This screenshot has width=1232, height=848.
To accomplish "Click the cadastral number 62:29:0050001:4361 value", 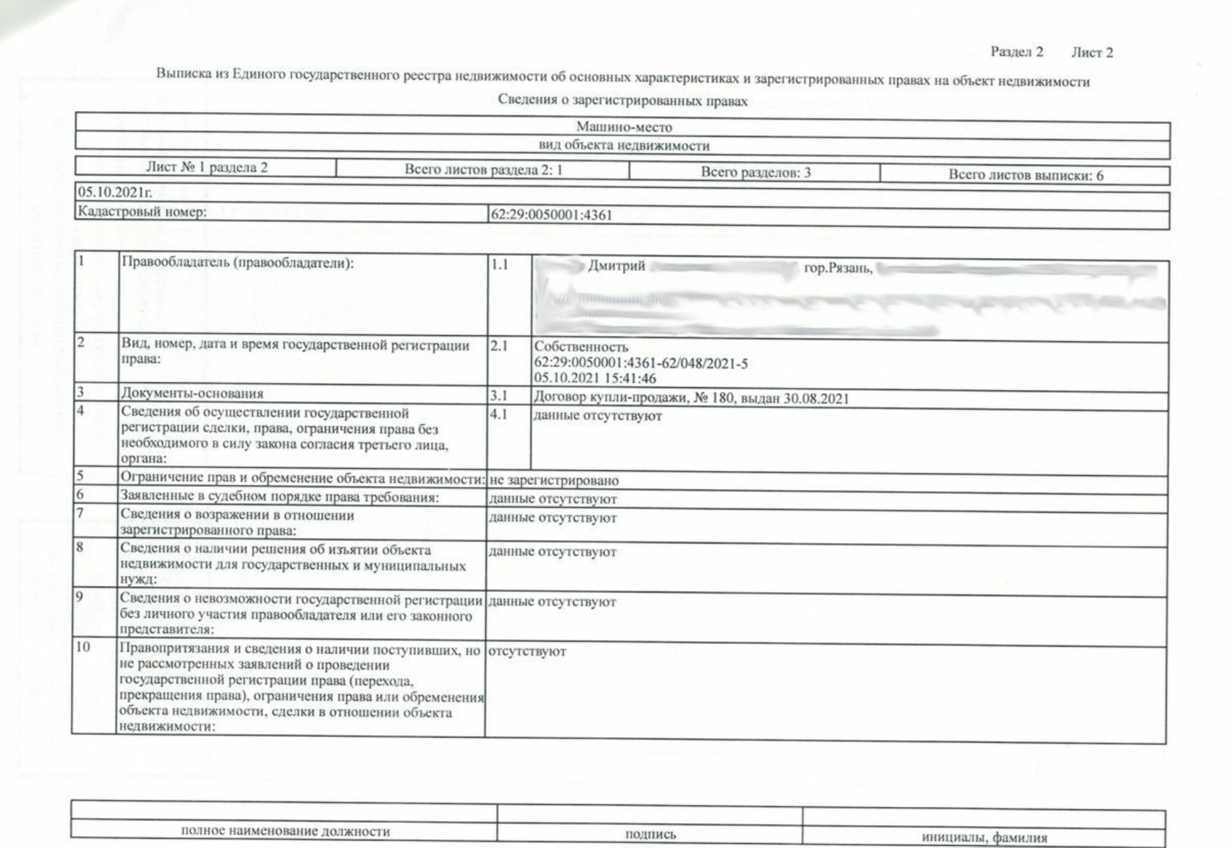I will click(x=551, y=215).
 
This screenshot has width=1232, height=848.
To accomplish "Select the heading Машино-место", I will click(x=624, y=127).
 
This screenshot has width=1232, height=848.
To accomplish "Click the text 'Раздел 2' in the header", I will click(x=1016, y=51).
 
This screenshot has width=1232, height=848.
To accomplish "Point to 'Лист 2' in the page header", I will click(x=1091, y=53).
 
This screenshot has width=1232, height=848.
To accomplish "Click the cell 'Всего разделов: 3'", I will click(x=755, y=172).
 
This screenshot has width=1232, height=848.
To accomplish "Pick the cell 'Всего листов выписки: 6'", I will click(x=1025, y=175).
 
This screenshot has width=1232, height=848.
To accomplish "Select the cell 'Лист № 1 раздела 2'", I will click(x=207, y=167).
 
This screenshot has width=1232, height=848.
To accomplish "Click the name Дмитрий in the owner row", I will click(x=616, y=266).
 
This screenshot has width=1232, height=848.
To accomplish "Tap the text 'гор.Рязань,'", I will click(x=838, y=268).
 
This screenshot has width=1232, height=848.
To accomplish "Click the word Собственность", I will click(x=581, y=347).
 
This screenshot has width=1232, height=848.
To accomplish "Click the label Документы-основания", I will click(x=192, y=393).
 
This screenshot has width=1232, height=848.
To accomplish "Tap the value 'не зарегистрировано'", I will click(x=554, y=480).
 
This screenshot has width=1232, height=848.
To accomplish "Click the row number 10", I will click(x=83, y=647).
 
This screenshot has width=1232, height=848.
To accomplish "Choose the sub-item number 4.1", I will click(x=499, y=414).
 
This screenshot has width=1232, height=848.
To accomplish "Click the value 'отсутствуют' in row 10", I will click(x=527, y=651).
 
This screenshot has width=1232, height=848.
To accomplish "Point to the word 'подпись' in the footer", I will click(x=650, y=834).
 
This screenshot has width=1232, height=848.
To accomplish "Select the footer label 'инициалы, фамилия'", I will click(x=984, y=837).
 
